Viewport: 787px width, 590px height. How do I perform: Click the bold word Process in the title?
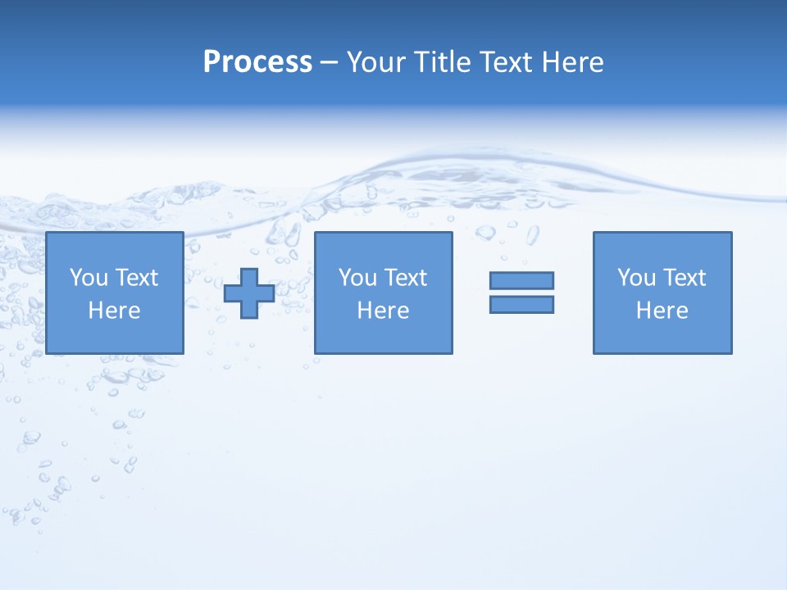coord(257,62)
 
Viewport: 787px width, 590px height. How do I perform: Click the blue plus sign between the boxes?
coord(249,293)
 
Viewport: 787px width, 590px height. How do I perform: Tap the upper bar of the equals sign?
coord(521,280)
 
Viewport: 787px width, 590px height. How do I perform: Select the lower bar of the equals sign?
coord(521,304)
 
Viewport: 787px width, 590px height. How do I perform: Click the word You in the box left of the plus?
coord(89,278)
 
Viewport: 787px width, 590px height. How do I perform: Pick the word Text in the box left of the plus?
coord(136,278)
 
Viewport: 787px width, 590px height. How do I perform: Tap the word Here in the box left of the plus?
coord(114,311)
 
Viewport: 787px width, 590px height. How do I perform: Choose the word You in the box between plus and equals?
coord(357,278)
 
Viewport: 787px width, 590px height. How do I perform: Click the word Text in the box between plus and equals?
coord(405,278)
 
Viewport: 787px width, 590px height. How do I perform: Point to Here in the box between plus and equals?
coord(383,311)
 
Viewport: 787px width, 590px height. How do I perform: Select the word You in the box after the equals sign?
coord(636,278)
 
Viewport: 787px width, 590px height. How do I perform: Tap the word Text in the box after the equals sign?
coord(684,278)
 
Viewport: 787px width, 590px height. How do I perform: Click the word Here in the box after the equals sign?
coord(662,311)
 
